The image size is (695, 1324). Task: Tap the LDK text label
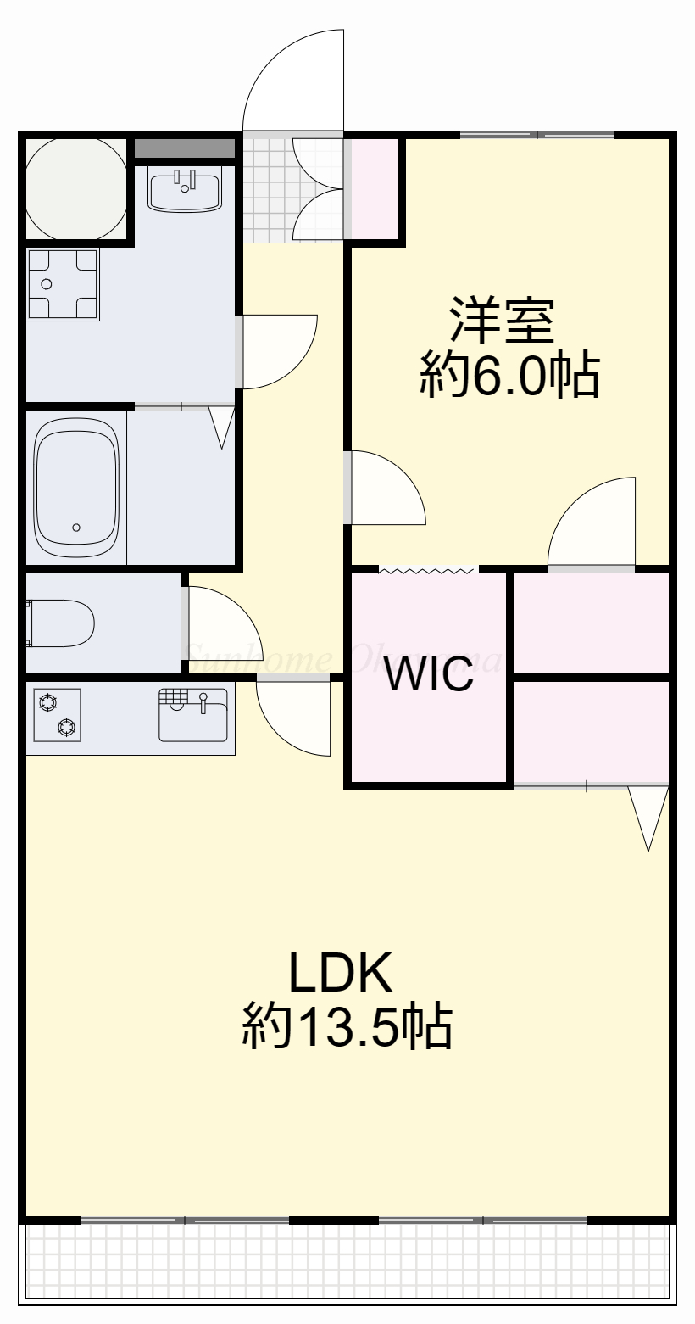(341, 972)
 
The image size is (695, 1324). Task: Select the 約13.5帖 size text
(347, 1026)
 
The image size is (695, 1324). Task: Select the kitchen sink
(193, 714)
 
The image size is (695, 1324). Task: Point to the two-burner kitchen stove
(56, 714)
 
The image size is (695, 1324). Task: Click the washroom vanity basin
(185, 187)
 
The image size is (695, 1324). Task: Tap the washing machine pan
(63, 283)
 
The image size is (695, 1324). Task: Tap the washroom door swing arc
(276, 349)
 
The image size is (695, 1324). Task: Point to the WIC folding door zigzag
(428, 570)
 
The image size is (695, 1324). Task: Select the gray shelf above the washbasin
(185, 148)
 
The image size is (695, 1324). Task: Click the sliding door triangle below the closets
(649, 814)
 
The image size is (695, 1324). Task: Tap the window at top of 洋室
(537, 135)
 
